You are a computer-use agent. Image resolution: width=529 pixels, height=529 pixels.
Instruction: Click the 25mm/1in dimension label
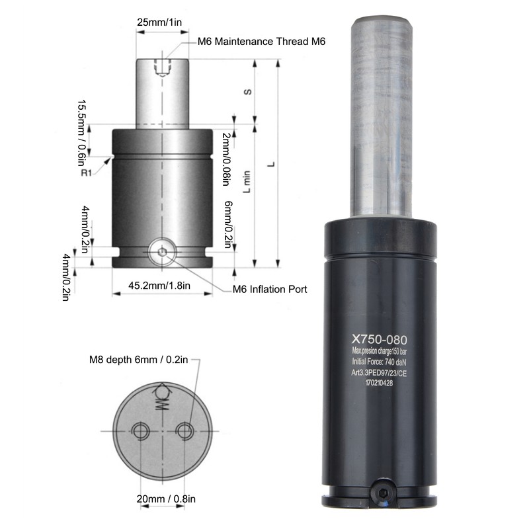point(159,22)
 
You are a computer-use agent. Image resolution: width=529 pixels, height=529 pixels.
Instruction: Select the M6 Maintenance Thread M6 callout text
point(261,42)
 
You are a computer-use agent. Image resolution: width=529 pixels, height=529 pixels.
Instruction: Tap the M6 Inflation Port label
point(270,290)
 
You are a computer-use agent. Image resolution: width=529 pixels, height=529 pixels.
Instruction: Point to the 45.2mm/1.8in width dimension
point(159,286)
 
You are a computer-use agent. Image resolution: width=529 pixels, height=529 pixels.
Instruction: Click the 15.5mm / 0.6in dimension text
point(82,133)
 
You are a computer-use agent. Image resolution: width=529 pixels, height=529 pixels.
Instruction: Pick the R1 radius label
point(87,173)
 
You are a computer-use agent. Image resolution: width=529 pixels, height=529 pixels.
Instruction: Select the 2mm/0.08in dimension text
point(226,159)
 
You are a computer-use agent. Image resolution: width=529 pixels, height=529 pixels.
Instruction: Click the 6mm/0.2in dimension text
point(229,224)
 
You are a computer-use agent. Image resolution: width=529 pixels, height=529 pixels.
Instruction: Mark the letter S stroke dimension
point(247,92)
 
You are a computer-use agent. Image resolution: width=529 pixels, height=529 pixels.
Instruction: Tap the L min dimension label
point(247,182)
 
